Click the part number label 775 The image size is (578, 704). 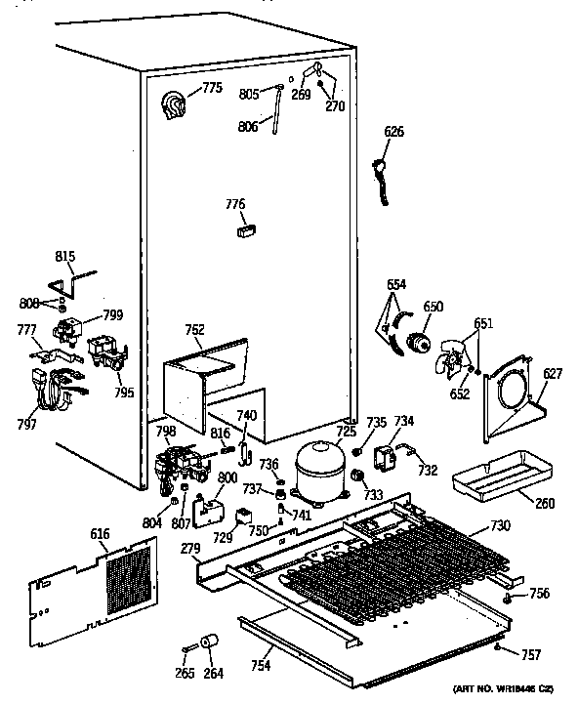coord(212,90)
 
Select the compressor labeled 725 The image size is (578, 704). coord(318,470)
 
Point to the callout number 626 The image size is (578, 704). coord(392,132)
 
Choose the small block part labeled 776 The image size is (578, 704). coord(244,231)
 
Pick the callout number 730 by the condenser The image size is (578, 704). coord(500,526)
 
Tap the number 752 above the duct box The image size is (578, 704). coord(194,330)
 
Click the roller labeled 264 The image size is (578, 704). coord(207,642)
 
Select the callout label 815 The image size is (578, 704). coord(64,257)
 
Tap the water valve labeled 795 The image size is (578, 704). coord(103,351)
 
